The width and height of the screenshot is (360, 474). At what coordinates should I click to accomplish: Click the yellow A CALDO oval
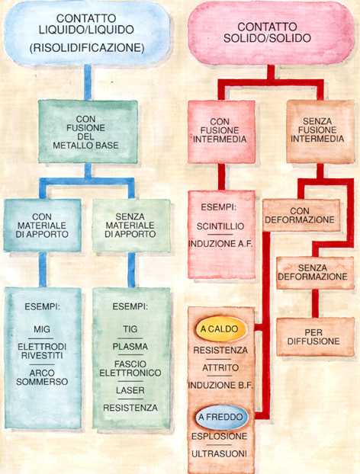click(220, 329)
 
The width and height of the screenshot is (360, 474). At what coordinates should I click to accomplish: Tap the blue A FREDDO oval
click(221, 418)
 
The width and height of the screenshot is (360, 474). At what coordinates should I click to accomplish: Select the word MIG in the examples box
click(42, 329)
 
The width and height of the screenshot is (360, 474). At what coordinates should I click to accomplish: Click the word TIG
click(130, 329)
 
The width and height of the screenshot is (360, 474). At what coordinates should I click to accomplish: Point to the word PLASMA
click(130, 347)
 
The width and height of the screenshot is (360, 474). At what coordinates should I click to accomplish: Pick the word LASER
click(130, 390)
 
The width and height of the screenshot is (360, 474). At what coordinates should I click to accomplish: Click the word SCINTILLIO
click(220, 226)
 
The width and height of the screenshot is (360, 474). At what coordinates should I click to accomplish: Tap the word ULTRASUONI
click(220, 453)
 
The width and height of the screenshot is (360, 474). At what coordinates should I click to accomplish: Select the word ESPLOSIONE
click(220, 436)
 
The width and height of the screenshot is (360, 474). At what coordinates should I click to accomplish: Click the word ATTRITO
click(220, 368)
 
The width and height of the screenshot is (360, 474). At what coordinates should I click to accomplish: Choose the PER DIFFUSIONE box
click(315, 337)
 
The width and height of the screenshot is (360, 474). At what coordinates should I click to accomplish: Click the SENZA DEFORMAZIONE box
click(315, 273)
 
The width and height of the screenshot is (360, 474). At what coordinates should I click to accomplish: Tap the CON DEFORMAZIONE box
click(301, 215)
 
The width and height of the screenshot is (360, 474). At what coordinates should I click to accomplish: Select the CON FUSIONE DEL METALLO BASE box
click(88, 132)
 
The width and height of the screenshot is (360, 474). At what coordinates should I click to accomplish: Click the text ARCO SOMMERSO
click(42, 377)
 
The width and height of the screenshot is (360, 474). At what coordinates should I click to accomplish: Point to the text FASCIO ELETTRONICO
click(130, 369)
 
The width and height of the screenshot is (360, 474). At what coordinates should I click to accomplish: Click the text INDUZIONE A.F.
click(220, 244)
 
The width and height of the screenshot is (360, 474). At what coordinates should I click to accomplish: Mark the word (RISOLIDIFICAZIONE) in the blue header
click(87, 48)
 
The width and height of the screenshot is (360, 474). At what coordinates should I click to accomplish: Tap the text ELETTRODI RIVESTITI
click(42, 351)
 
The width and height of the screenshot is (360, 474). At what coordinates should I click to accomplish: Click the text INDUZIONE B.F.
click(220, 386)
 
